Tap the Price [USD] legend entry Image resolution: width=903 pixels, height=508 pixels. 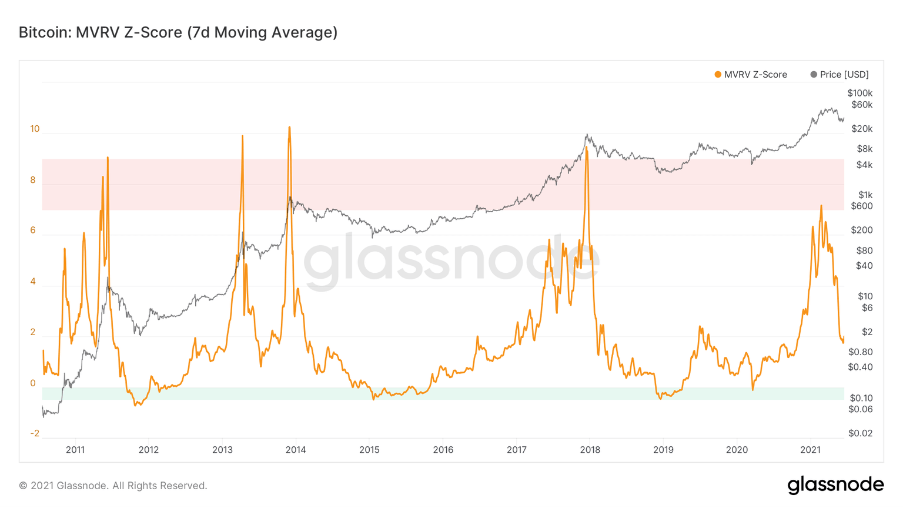click(840, 75)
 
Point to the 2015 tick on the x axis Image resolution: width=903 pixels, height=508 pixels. click(369, 450)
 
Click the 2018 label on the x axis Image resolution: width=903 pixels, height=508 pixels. click(590, 450)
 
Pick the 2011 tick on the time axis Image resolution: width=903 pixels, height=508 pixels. click(75, 450)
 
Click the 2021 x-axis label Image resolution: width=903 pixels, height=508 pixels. click(810, 450)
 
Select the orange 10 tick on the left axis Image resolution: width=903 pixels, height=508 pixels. click(35, 129)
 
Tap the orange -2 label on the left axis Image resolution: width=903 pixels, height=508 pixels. click(35, 433)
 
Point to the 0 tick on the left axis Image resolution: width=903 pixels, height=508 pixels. click(33, 383)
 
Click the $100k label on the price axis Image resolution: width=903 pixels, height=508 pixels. click(859, 93)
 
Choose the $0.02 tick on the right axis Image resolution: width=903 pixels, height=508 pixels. click(860, 433)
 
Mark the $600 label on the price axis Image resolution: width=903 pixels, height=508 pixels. click(861, 206)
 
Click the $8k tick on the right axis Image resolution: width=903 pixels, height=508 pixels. click(864, 149)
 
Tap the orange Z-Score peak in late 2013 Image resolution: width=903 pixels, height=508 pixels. click(289, 128)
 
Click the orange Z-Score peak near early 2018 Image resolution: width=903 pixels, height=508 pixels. click(586, 148)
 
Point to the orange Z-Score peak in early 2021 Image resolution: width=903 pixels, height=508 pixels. click(821, 206)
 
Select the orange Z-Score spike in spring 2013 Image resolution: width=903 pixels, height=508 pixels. click(242, 136)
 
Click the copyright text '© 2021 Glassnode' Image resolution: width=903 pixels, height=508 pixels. click(113, 486)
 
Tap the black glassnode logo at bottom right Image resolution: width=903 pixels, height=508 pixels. click(835, 485)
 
